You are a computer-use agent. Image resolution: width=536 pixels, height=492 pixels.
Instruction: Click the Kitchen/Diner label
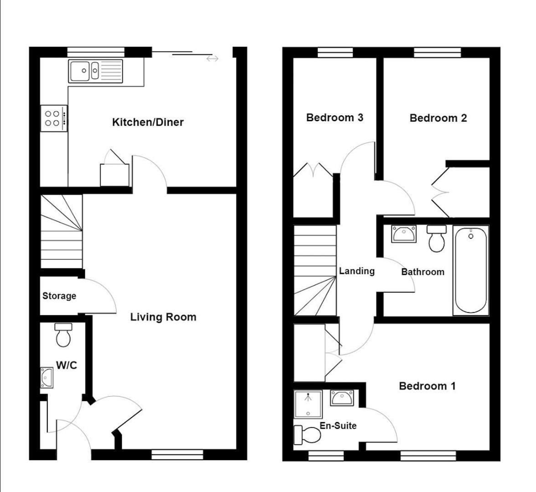[x=148, y=122]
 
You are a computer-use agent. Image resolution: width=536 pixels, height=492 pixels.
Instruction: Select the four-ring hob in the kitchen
[x=54, y=118]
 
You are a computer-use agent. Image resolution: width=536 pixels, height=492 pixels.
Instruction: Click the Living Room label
[x=163, y=317]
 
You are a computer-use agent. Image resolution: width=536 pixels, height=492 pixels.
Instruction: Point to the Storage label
[x=59, y=296]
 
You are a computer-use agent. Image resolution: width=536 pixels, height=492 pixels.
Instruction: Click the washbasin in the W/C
[x=46, y=378]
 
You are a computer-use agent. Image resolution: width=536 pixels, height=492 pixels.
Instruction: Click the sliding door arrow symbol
[x=212, y=59]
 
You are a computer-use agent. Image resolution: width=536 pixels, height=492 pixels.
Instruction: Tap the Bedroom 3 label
[x=335, y=118]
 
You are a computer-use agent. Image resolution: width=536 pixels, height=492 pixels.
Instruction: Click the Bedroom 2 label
[x=438, y=118]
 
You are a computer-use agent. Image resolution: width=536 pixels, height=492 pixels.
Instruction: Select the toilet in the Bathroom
[x=436, y=238]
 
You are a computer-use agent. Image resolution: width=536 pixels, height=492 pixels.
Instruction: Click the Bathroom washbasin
[x=403, y=234]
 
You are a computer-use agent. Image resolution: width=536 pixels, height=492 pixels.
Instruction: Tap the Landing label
[x=356, y=271]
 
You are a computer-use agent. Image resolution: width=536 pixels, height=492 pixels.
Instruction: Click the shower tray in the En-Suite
[x=308, y=404]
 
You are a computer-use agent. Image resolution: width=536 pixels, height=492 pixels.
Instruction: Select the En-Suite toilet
[x=307, y=435]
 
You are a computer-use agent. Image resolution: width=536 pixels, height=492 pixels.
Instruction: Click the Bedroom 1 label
[x=427, y=386]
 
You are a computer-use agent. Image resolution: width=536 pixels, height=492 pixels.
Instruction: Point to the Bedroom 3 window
[x=335, y=53]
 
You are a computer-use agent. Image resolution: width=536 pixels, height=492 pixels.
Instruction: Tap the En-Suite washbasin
[x=341, y=398]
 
